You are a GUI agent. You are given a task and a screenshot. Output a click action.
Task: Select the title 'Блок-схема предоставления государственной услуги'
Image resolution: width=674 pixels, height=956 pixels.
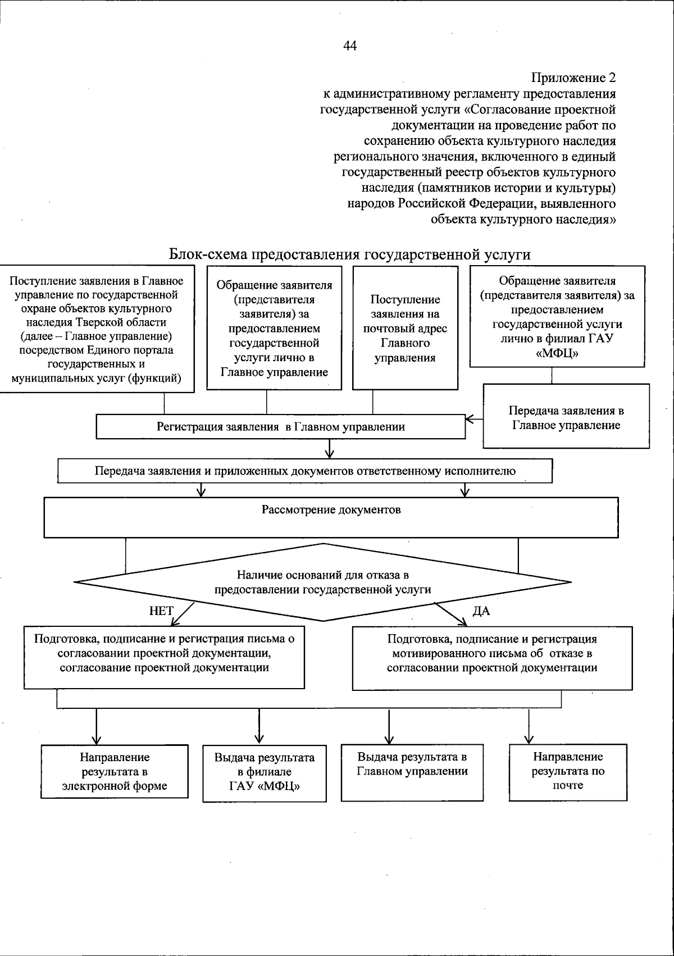tap(350, 254)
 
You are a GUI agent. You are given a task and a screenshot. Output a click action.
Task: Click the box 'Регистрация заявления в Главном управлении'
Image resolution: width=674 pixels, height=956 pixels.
tap(281, 427)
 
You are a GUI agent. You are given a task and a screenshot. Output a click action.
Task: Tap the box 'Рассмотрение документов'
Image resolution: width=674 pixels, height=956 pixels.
tap(331, 517)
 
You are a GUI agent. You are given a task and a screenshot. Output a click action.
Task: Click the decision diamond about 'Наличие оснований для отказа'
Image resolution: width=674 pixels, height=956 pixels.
tap(323, 582)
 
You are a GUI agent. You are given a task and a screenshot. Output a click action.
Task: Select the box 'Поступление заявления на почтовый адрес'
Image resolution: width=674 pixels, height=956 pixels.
tap(405, 329)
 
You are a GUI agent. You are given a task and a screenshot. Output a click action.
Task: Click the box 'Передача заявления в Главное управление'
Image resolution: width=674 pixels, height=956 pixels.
tap(566, 417)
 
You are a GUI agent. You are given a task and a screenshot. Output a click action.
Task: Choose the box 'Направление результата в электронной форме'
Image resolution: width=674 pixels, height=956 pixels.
tap(115, 772)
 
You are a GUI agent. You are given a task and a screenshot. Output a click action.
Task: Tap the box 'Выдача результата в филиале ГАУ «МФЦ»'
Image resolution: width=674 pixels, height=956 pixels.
tap(264, 772)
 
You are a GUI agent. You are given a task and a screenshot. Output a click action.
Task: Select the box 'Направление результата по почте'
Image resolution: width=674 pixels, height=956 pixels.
tap(568, 771)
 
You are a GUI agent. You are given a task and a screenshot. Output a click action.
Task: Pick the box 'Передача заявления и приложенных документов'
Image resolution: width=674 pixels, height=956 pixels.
tap(305, 471)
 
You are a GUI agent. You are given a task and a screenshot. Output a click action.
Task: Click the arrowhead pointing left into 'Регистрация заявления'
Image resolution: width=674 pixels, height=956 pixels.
tap(470, 419)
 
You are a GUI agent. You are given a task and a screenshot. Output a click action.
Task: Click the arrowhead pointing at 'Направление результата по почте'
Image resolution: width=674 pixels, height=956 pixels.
tap(529, 739)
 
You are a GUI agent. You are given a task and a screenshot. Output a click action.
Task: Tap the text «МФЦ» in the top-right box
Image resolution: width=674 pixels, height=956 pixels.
tap(557, 354)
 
